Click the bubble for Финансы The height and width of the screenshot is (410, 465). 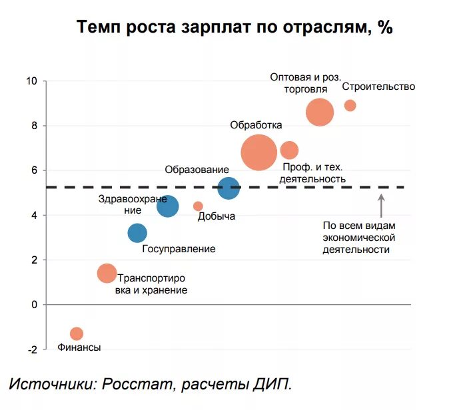coord(77,333)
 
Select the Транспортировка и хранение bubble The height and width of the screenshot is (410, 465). coord(107,273)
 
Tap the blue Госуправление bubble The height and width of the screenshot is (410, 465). coord(137,233)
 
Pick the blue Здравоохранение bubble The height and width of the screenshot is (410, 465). coord(168,206)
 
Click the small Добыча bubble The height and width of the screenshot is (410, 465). coord(198,206)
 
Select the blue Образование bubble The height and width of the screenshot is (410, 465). coord(229,188)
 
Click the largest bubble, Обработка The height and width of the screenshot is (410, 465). coord(258,153)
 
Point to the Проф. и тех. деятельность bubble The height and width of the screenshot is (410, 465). coord(289,150)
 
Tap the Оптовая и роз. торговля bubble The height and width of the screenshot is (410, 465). coord(320,112)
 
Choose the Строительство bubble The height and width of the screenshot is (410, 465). coord(350,105)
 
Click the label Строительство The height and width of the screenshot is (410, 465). coord(378,87)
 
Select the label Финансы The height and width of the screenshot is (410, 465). coord(79,347)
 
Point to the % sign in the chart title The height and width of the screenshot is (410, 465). coord(385,28)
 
